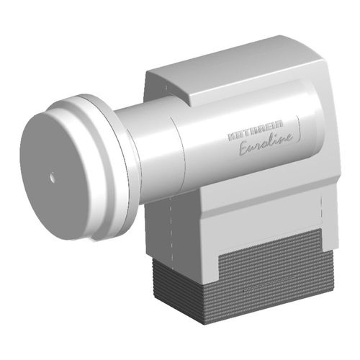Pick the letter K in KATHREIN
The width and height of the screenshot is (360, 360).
click(x=232, y=135)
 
